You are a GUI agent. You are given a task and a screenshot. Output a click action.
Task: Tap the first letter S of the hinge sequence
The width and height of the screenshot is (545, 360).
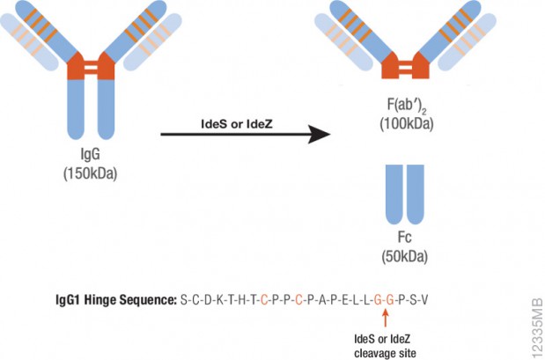tap(183, 301)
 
